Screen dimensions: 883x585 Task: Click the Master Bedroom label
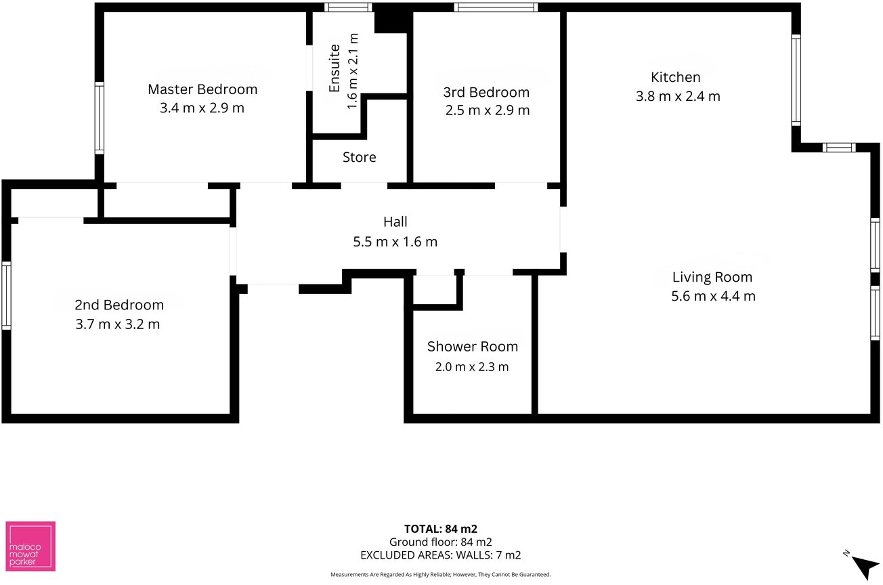click(x=202, y=89)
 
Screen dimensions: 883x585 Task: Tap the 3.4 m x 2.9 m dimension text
click(x=202, y=108)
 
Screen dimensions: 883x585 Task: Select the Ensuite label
click(x=335, y=68)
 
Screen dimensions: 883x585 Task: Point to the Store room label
click(x=359, y=157)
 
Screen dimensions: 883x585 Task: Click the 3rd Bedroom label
click(x=486, y=92)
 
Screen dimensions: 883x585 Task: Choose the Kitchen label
click(x=676, y=77)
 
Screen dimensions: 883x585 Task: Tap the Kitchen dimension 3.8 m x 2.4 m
click(x=678, y=96)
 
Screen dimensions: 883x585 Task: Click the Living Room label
click(x=712, y=277)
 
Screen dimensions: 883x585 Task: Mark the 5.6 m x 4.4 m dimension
click(x=713, y=296)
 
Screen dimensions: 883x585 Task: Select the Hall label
click(x=395, y=221)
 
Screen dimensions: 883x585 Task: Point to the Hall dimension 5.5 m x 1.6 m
click(x=395, y=241)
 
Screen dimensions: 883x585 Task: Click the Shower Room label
click(x=472, y=347)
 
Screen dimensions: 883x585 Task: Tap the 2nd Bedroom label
click(x=119, y=305)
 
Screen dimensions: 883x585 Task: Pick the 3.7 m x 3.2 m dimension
click(x=117, y=324)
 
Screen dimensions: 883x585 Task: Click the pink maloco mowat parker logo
click(x=30, y=546)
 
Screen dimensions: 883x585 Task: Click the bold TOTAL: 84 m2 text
click(x=440, y=529)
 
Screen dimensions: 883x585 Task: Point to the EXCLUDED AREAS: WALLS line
click(x=440, y=555)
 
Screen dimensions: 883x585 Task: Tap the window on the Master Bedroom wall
click(x=100, y=118)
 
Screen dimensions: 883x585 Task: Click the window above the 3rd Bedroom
click(x=496, y=7)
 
